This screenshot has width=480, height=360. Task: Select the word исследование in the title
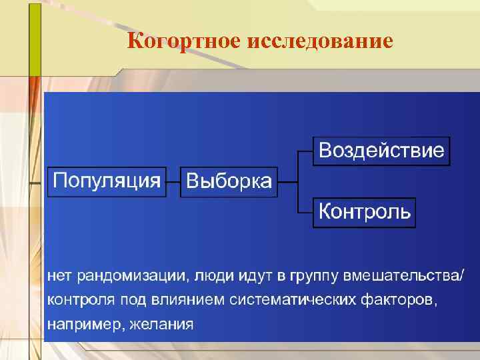tap(320, 41)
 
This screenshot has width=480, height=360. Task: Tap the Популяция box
tap(107, 181)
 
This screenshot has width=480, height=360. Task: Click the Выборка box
tap(229, 182)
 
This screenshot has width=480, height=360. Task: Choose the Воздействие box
tap(381, 150)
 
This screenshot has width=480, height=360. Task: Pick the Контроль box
tap(364, 212)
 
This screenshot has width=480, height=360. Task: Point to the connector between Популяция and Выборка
tap(173, 181)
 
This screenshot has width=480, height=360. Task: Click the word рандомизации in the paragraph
tap(133, 275)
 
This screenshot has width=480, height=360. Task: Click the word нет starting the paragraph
tap(59, 275)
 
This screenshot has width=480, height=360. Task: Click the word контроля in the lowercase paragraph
tap(75, 300)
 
